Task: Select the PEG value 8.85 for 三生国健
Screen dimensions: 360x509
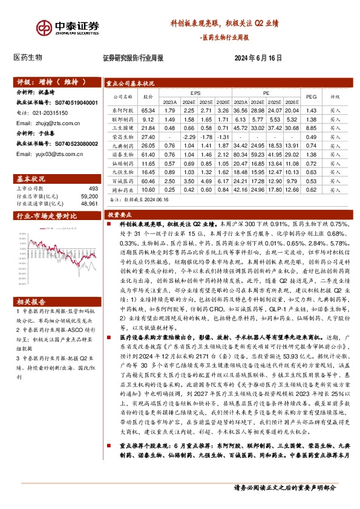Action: [312, 129]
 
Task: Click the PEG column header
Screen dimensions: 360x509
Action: [312, 97]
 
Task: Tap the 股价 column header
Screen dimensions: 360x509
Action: [148, 97]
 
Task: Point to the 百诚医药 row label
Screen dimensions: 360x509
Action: [122, 181]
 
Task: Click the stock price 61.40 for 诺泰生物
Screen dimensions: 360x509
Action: [148, 155]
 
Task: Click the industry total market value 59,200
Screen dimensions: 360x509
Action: [88, 196]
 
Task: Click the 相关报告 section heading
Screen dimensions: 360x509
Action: [29, 301]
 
